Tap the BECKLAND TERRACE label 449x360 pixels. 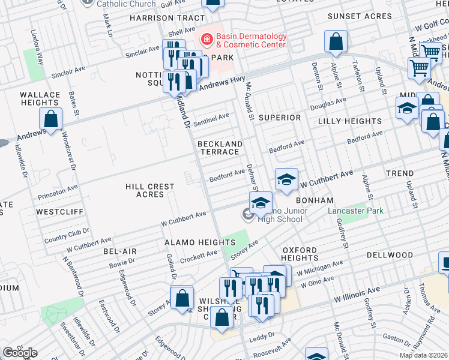(220, 148)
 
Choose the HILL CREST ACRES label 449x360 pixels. (149, 190)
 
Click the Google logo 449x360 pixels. (19, 353)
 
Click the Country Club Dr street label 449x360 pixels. (66, 235)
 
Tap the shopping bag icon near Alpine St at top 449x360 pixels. (336, 42)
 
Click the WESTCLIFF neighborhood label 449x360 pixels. (59, 212)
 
